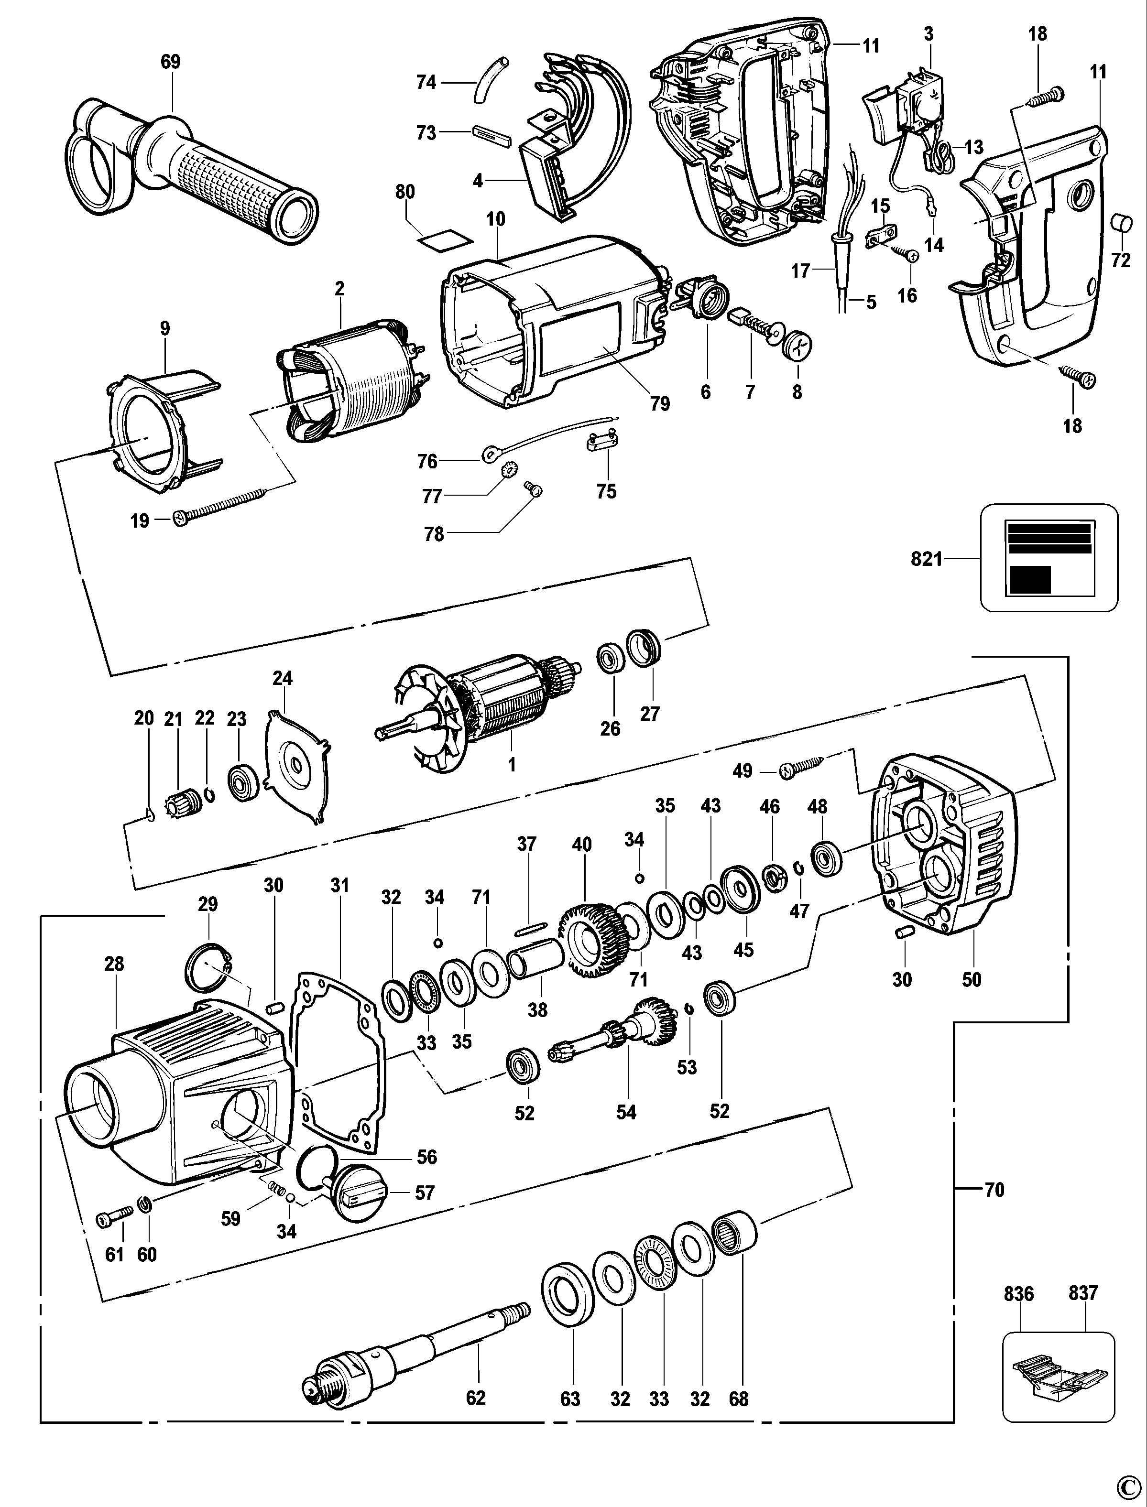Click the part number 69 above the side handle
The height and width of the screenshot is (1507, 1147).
tap(170, 62)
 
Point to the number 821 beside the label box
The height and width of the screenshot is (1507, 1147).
tap(927, 559)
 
